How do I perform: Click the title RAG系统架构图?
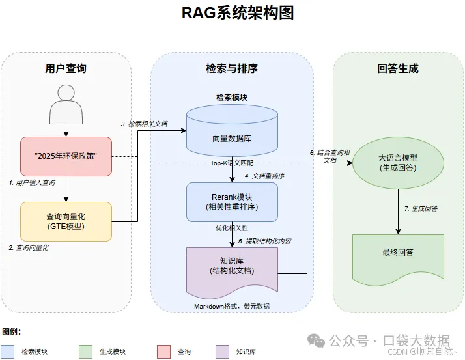(x=232, y=13)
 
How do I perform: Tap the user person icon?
(x=66, y=105)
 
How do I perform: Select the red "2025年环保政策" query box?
(x=66, y=156)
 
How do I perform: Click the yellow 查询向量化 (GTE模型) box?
(x=66, y=221)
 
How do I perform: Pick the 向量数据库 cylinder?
(x=232, y=131)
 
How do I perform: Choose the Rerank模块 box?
(x=232, y=202)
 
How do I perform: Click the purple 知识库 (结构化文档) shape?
(x=232, y=267)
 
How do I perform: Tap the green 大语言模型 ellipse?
(x=398, y=163)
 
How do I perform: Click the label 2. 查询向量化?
(x=29, y=248)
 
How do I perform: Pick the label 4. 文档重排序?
(x=264, y=176)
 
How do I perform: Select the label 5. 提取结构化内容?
(x=264, y=241)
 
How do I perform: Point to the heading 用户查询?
(x=66, y=68)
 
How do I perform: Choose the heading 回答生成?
(x=398, y=68)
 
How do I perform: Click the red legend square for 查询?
(x=163, y=352)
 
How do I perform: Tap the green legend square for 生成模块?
(x=85, y=352)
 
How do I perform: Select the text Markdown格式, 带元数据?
(x=232, y=306)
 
